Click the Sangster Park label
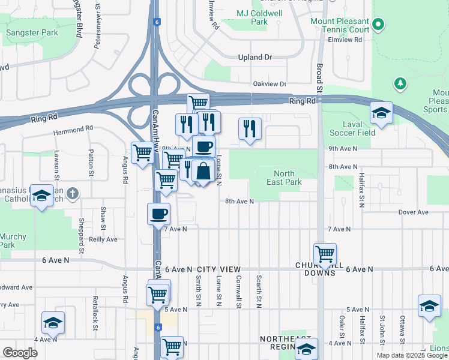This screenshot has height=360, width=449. coord(32,33)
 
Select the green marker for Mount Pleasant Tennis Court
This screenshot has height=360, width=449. coord(378,25)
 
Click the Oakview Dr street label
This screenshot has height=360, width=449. coord(270,84)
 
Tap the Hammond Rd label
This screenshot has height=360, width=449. coord(73,128)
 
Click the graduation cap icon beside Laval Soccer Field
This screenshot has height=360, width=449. coord(381,113)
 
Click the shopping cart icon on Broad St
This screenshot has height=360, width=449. coord(325,254)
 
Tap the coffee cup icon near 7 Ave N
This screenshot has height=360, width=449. coord(159,214)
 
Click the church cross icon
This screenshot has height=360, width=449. coord(73,194)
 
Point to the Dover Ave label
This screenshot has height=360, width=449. coord(414,212)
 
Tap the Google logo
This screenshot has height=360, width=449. coord(20,353)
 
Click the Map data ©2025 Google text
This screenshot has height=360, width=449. coord(411,355)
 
